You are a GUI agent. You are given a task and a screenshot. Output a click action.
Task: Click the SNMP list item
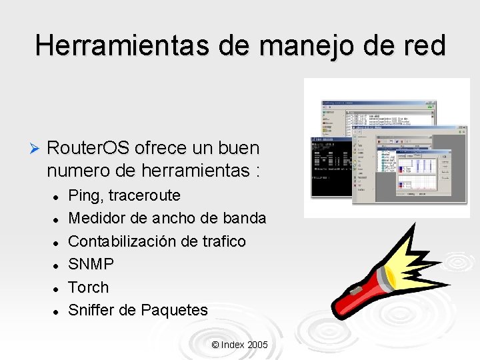tap(91, 264)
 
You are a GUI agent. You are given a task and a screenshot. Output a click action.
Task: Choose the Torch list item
tap(89, 287)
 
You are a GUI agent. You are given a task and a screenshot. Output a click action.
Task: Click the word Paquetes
tap(175, 310)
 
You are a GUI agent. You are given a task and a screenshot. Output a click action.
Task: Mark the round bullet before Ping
tap(57, 197)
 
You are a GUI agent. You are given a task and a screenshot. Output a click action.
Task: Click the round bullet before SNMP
tap(57, 265)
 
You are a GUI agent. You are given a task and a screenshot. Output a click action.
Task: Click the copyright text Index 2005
tap(239, 345)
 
